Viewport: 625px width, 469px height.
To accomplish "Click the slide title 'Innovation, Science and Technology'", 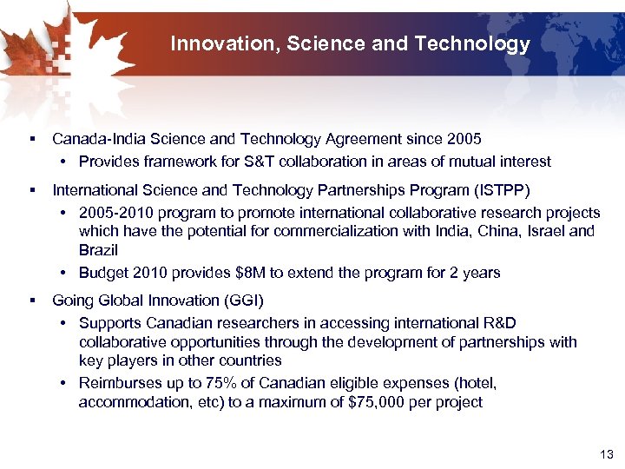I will pyautogui.click(x=350, y=43).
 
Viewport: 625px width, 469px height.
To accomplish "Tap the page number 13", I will pyautogui.click(x=606, y=454).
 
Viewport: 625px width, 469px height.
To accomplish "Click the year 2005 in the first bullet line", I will pyautogui.click(x=464, y=139).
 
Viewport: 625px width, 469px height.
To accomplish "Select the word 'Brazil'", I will pyautogui.click(x=98, y=250).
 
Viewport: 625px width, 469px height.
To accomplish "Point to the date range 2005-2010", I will pyautogui.click(x=115, y=213).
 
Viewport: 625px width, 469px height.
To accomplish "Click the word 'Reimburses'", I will pyautogui.click(x=119, y=383).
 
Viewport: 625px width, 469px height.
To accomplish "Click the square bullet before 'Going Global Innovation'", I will pyautogui.click(x=32, y=301).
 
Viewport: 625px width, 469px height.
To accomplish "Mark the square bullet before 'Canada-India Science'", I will pyautogui.click(x=32, y=139).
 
